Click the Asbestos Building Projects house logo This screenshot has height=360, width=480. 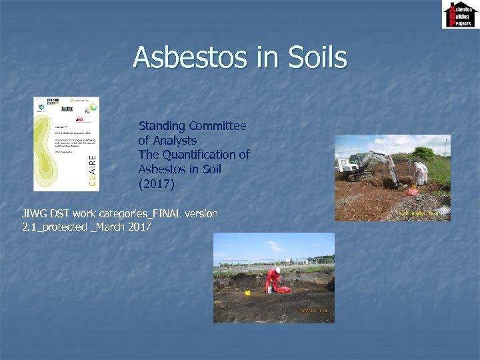pyautogui.click(x=459, y=15)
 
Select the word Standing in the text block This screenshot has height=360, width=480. pyautogui.click(x=162, y=126)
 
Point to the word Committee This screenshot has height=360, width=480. pyautogui.click(x=217, y=126)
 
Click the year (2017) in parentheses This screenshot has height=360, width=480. pyautogui.click(x=156, y=183)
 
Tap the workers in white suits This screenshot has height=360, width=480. pyautogui.click(x=421, y=172)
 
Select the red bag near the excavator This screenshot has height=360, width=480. pyautogui.click(x=413, y=191)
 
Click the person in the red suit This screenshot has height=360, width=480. pyautogui.click(x=272, y=279)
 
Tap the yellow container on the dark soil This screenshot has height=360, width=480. pyautogui.click(x=247, y=293)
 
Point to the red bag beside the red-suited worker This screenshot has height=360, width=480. pyautogui.click(x=283, y=289)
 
